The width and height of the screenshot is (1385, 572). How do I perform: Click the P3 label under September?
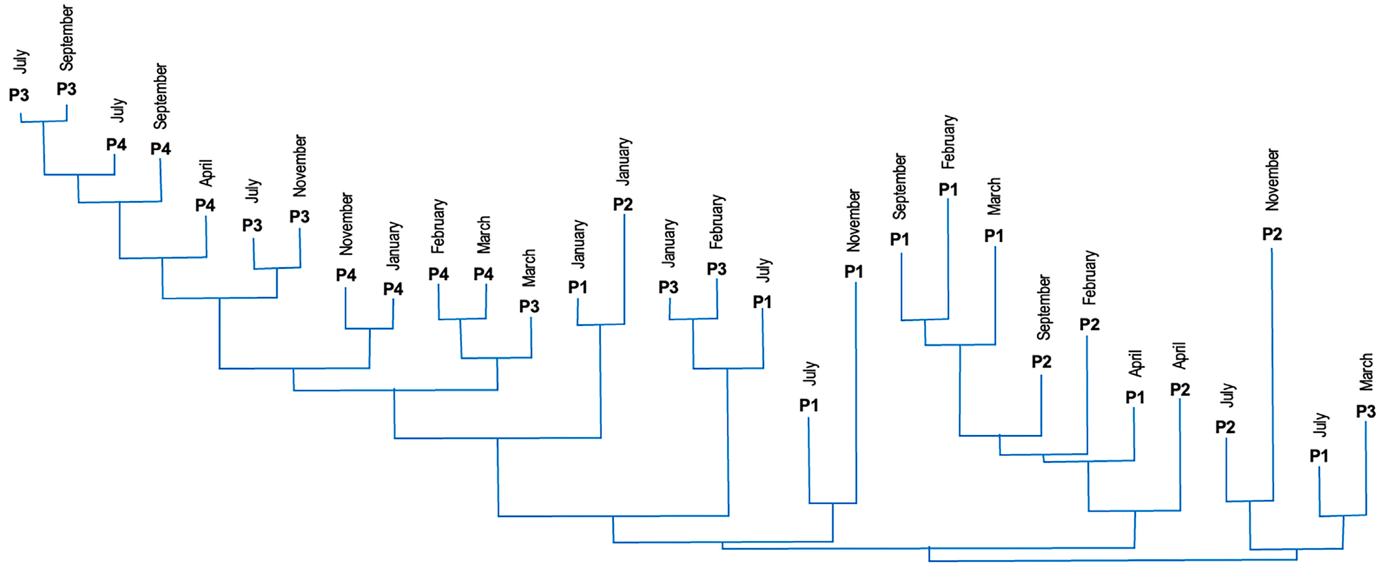pyautogui.click(x=66, y=89)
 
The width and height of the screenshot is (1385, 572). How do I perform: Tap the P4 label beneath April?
pyautogui.click(x=205, y=205)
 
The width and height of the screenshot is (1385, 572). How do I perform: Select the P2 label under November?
pyautogui.click(x=1272, y=234)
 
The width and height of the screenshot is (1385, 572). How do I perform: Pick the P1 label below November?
pyautogui.click(x=853, y=271)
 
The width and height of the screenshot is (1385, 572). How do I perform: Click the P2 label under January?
pyautogui.click(x=623, y=204)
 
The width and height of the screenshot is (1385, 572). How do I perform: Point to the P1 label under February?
pyautogui.click(x=948, y=189)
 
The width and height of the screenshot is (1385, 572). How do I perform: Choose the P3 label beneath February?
pyautogui.click(x=716, y=268)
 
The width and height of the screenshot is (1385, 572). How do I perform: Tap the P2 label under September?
pyautogui.click(x=1041, y=361)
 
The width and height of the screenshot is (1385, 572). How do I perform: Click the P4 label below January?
pyautogui.click(x=393, y=288)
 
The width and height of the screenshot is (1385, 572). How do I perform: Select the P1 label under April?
pyautogui.click(x=1135, y=397)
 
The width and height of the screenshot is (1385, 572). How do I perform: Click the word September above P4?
pyautogui.click(x=160, y=97)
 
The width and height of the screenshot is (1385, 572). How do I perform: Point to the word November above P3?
pyautogui.click(x=300, y=165)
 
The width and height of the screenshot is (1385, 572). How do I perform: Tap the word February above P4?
pyautogui.click(x=438, y=226)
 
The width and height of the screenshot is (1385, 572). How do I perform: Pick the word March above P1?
pyautogui.click(x=994, y=196)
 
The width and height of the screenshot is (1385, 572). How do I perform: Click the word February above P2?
pyautogui.click(x=1089, y=277)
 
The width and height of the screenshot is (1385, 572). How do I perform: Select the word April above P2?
pyautogui.click(x=1179, y=356)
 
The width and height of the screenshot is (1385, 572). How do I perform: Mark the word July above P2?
pyautogui.click(x=1227, y=395)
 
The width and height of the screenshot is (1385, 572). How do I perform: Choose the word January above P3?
pyautogui.click(x=669, y=243)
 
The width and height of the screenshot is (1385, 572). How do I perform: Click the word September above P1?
pyautogui.click(x=899, y=187)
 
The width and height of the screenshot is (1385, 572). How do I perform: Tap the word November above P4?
pyautogui.click(x=346, y=223)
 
